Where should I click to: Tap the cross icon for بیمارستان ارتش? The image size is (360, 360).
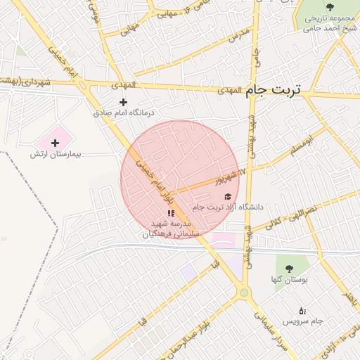pyautogui.click(x=55, y=143)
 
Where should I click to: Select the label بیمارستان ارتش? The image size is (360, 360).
pyautogui.click(x=56, y=153)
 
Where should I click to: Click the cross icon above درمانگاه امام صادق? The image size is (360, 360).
pyautogui.click(x=124, y=102)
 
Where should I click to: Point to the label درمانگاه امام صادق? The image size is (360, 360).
pyautogui.click(x=124, y=112)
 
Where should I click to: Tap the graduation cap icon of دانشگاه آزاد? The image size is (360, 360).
pyautogui.click(x=226, y=197)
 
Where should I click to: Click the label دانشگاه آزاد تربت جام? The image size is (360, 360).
pyautogui.click(x=226, y=207)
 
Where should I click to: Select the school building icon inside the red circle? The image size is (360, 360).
pyautogui.click(x=170, y=213)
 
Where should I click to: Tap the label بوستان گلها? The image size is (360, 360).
pyautogui.click(x=287, y=279)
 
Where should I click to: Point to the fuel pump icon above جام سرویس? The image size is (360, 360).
pyautogui.click(x=302, y=310)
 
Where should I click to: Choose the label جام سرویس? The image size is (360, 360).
pyautogui.click(x=303, y=321)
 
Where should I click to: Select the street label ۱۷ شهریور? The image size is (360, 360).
pyautogui.click(x=233, y=174)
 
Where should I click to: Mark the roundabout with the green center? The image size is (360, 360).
pyautogui.click(x=244, y=292)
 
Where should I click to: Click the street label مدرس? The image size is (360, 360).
pyautogui.click(x=240, y=32)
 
